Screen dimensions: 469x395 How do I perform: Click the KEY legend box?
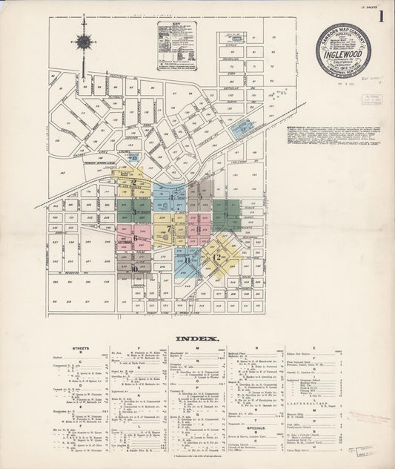176,46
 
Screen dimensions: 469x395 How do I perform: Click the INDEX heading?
197,338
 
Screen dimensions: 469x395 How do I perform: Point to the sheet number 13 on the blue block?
134,157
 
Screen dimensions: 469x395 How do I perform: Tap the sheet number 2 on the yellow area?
133,182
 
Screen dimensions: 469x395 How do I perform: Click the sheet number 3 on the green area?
134,211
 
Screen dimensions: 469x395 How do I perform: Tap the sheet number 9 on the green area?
225,214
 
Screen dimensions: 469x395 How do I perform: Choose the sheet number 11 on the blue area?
188,260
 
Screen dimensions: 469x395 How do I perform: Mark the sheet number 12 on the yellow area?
217,257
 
